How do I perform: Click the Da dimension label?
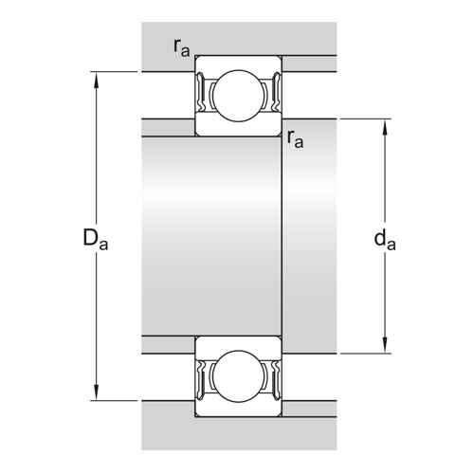[x=95, y=240]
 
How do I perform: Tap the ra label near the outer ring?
[x=182, y=48]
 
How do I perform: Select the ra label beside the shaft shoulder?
[x=296, y=139]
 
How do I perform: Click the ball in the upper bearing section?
[x=238, y=96]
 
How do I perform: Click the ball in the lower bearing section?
[x=238, y=376]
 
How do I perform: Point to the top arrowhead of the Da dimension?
[x=97, y=78]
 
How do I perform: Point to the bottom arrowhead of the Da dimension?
[x=97, y=394]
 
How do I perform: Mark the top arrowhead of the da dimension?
[x=385, y=125]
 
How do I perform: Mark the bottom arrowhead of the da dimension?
[x=385, y=347]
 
